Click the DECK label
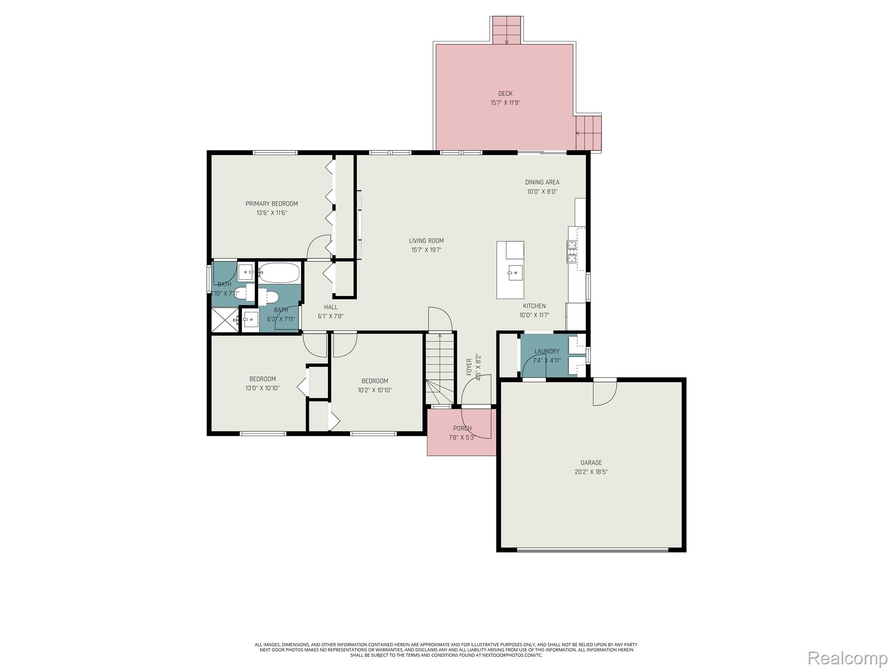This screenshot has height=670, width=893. pyautogui.click(x=505, y=93)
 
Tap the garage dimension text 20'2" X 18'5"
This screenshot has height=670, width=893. pyautogui.click(x=591, y=472)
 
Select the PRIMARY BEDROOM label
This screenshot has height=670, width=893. pyautogui.click(x=272, y=204)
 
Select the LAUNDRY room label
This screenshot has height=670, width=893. pyautogui.click(x=547, y=351)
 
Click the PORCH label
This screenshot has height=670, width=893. pyautogui.click(x=462, y=428)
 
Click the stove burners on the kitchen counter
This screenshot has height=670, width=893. pyautogui.click(x=572, y=252)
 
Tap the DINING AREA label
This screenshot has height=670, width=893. pyautogui.click(x=542, y=182)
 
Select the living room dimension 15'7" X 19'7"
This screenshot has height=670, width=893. pyautogui.click(x=426, y=250)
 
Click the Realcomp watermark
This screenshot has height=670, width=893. pyautogui.click(x=847, y=658)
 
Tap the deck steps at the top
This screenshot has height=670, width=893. pyautogui.click(x=507, y=30)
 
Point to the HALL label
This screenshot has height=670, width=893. pyautogui.click(x=331, y=307)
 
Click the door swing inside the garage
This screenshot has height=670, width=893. pyautogui.click(x=604, y=393)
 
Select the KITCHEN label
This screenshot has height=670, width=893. pyautogui.click(x=534, y=306)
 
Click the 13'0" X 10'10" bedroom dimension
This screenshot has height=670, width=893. pyautogui.click(x=262, y=388)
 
